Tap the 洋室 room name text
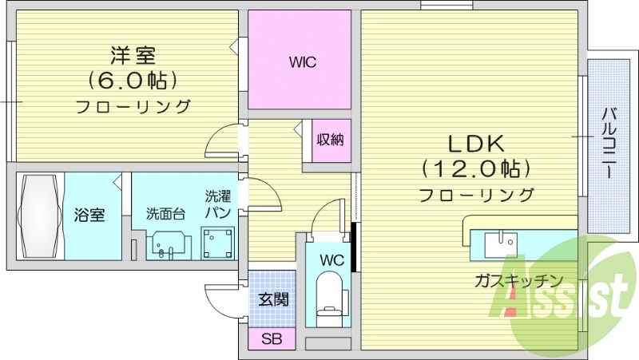point(133,55)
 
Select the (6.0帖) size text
point(133,80)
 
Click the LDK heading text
point(475,144)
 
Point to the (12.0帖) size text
point(476,168)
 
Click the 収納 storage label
point(330,140)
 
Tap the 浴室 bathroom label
point(89,215)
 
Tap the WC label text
point(332,259)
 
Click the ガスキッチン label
point(518,281)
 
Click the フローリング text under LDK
point(476,194)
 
